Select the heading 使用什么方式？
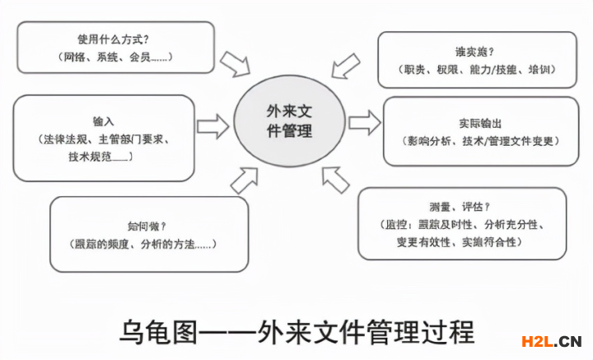click(x=115, y=39)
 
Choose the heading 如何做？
click(x=148, y=225)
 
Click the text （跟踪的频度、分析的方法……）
click(x=147, y=245)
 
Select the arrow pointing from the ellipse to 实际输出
click(x=363, y=123)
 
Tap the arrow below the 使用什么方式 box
click(x=236, y=61)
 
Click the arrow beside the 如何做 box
click(x=244, y=178)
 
